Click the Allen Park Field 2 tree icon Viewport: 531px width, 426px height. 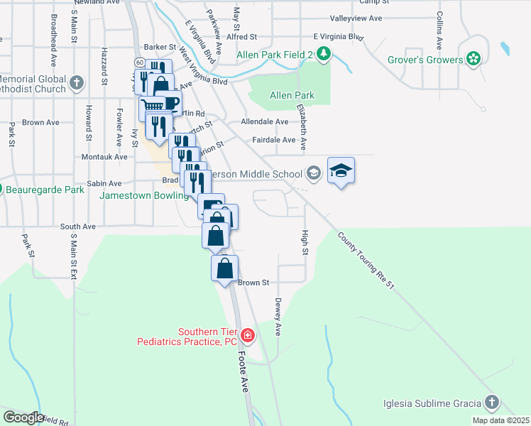(323, 54)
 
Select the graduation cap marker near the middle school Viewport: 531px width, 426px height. (341, 171)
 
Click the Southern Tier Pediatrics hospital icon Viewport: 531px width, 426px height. (247, 334)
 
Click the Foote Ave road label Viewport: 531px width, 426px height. (243, 370)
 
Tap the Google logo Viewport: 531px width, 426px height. (23, 417)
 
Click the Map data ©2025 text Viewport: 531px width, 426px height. (500, 420)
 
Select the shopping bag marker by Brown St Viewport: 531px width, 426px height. (225, 269)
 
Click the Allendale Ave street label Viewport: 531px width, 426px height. (264, 122)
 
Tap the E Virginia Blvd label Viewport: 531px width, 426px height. (338, 36)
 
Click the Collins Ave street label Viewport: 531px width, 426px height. (440, 24)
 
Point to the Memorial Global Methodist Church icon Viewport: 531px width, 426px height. (77, 84)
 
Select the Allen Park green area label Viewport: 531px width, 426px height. (292, 95)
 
